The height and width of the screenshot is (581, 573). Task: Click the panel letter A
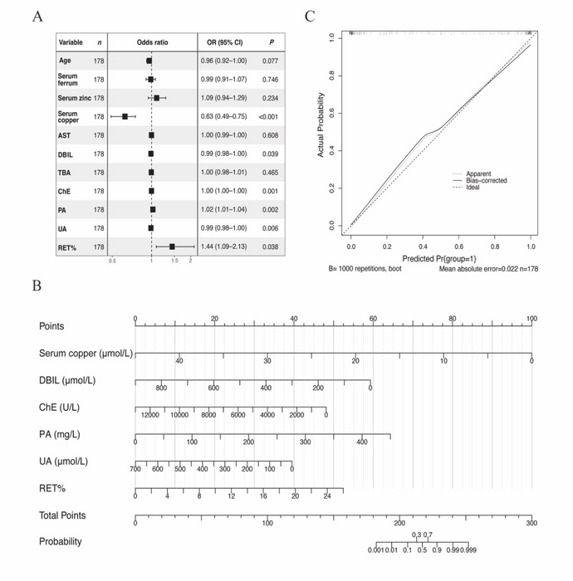click(38, 15)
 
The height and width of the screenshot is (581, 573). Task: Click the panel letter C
click(310, 15)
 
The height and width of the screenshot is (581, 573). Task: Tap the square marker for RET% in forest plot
click(172, 247)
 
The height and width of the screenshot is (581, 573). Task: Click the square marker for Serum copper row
click(125, 116)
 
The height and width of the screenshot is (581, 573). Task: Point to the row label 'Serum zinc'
click(75, 98)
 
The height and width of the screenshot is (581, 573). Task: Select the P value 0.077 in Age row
click(270, 61)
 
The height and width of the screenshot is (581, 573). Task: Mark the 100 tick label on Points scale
click(531, 319)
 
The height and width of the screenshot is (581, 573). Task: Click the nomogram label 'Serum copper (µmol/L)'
click(84, 354)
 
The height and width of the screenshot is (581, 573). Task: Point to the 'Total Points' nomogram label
click(62, 515)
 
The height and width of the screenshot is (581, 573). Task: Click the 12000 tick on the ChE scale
click(149, 414)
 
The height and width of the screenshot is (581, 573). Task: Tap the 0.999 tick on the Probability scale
click(469, 549)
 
